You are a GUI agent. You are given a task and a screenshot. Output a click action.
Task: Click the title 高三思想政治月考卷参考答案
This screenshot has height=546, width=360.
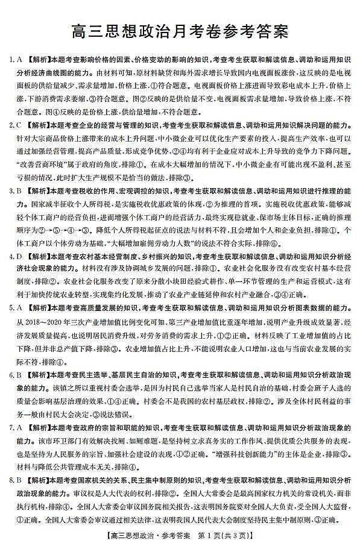click(180, 30)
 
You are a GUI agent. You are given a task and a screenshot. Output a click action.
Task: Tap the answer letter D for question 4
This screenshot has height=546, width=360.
click(19, 256)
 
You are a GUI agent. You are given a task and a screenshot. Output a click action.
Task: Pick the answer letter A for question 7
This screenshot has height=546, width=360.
click(19, 427)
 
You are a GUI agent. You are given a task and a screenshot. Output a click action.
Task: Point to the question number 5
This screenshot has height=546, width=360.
click(11, 309)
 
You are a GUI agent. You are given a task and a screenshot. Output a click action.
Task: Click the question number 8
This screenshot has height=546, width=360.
click(11, 480)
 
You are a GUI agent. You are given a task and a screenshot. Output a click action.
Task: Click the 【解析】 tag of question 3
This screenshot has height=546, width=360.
click(37, 190)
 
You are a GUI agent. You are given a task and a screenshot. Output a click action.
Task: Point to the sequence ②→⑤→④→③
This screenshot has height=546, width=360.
click(58, 230)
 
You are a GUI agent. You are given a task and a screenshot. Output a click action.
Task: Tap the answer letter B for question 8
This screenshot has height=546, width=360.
click(19, 480)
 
